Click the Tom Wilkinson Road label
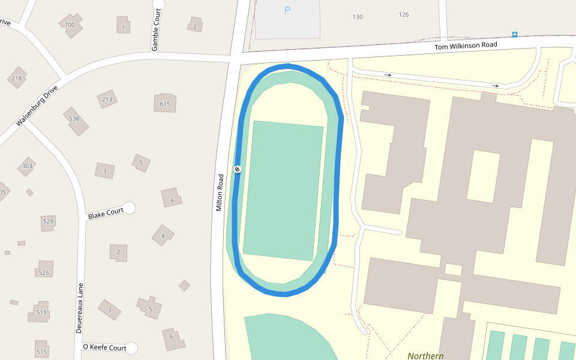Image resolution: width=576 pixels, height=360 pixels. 466,46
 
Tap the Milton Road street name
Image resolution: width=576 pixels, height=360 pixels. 220,188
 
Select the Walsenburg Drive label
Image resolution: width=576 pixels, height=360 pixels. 37,106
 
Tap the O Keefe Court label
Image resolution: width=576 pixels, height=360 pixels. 104,348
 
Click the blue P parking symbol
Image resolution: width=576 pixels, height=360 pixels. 287,10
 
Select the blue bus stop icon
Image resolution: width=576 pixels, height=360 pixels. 515,34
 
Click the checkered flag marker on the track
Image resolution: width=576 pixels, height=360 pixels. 238,169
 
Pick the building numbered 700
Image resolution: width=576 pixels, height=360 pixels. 70,25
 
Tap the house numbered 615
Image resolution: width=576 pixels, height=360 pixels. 165,104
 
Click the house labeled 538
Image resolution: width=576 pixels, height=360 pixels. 74,119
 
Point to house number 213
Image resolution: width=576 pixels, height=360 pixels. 107,100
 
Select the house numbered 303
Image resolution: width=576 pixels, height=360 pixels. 27,166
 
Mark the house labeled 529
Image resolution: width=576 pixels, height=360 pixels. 48,221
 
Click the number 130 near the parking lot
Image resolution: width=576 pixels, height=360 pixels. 358,17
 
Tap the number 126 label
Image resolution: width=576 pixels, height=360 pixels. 404,14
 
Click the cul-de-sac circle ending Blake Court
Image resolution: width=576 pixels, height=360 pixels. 129,208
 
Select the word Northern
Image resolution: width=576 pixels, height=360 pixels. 425,356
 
